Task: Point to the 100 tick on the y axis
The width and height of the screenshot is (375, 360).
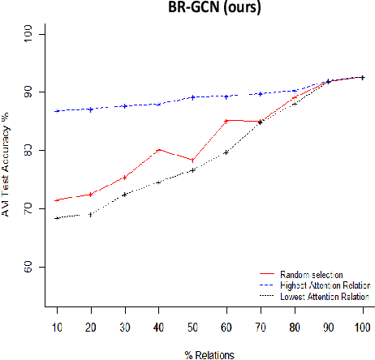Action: point(29,32)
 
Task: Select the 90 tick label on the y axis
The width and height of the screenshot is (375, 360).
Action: point(29,92)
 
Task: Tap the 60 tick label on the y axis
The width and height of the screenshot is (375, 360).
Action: point(29,268)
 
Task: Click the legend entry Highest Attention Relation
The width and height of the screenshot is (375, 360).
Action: point(323,286)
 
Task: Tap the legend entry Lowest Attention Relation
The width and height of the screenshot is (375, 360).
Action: point(323,298)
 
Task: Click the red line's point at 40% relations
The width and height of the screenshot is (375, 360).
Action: point(158,149)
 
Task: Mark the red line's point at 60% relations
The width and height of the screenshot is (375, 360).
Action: point(226,120)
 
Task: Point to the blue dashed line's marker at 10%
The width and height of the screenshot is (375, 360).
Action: point(56,111)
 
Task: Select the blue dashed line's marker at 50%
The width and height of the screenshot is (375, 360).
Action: point(192,97)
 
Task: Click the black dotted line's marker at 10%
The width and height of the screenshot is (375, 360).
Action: point(56,218)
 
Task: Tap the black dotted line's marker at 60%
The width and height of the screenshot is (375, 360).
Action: point(226,152)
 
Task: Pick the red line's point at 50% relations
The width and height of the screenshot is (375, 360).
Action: point(192,160)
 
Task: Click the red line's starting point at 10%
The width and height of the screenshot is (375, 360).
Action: point(56,200)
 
